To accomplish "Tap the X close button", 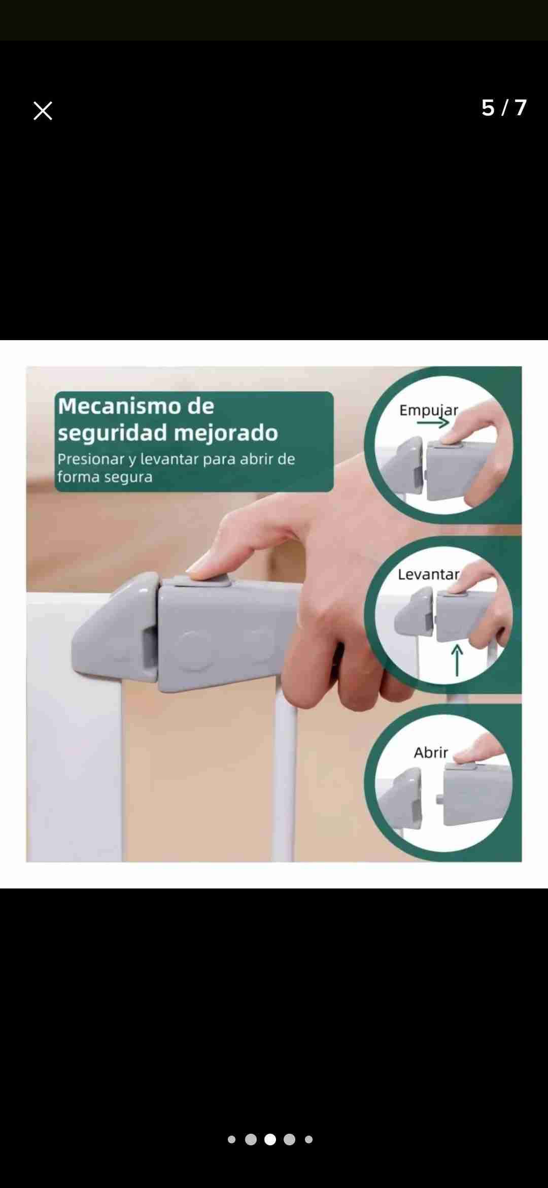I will (43, 111).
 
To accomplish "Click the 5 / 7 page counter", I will (504, 108).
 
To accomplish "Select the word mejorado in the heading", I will (226, 433).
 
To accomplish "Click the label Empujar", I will (428, 410).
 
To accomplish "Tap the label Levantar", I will (428, 574).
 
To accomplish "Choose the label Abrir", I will (431, 752).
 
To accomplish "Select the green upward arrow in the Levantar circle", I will (457, 660).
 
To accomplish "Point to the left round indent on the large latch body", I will (194, 649).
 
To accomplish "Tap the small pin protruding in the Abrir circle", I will (438, 799).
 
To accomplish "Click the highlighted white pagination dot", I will (270, 1139).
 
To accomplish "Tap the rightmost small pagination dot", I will (309, 1139).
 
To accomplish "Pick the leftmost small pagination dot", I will (232, 1139).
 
